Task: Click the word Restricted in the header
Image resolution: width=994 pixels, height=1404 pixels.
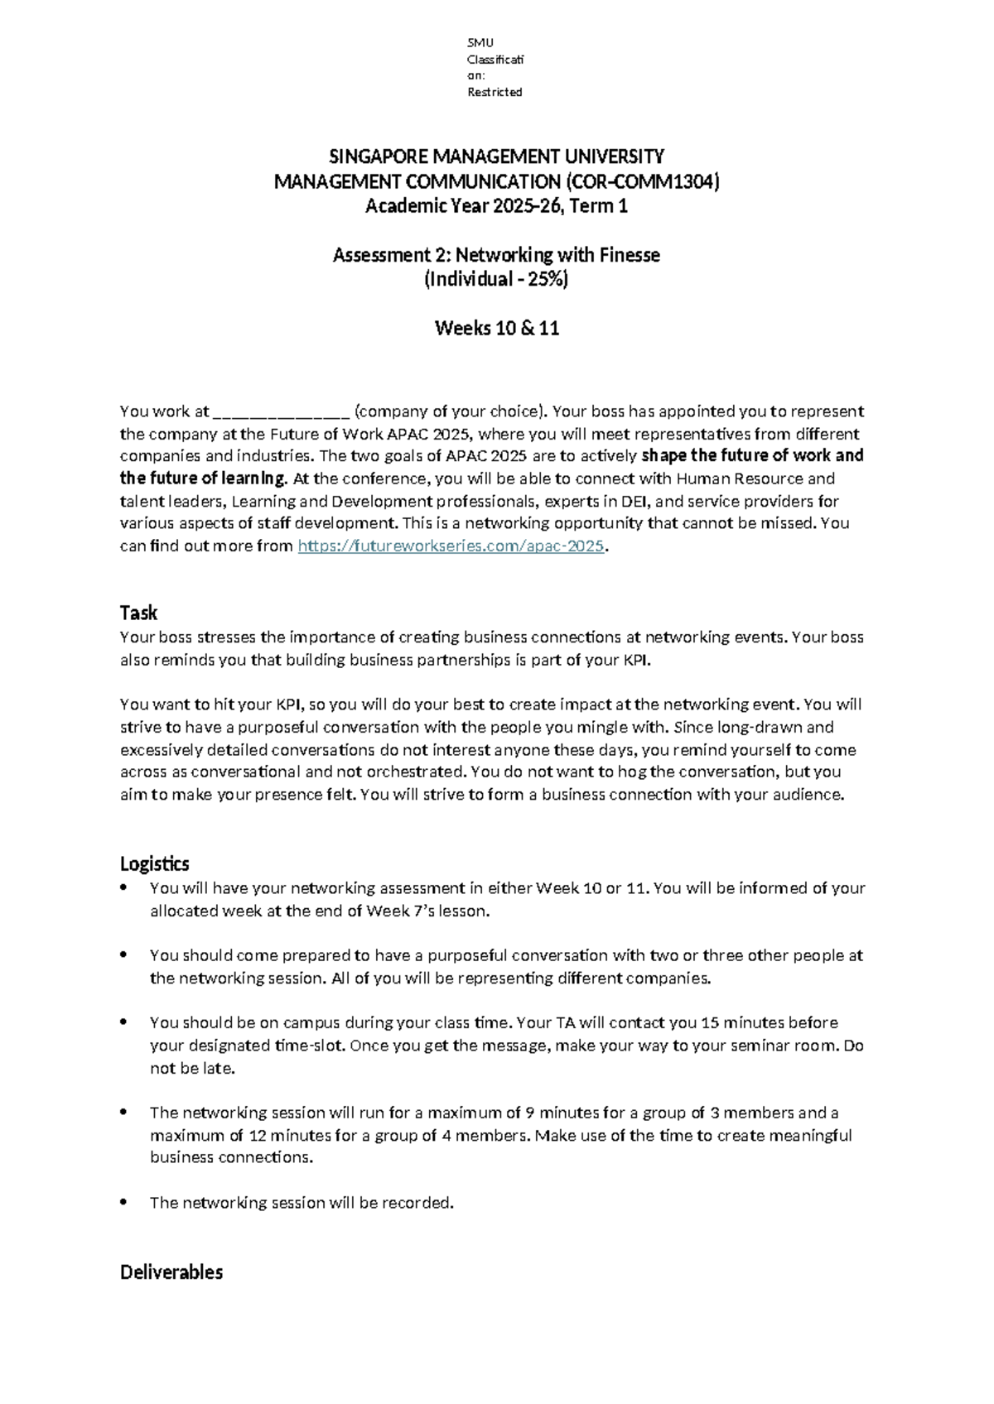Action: [x=495, y=92]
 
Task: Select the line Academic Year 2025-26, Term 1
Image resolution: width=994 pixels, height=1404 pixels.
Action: [x=497, y=206]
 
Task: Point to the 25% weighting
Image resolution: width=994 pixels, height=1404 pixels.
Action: [x=548, y=279]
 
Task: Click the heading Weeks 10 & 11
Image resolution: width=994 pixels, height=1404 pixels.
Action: [x=497, y=328]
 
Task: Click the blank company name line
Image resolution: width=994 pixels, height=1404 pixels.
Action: [x=281, y=412]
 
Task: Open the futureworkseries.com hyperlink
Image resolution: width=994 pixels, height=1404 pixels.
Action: [x=451, y=546]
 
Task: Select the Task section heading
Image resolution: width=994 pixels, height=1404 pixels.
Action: [x=138, y=613]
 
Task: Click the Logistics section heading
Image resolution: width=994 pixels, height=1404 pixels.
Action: [x=154, y=863]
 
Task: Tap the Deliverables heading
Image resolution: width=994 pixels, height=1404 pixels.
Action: [x=171, y=1272]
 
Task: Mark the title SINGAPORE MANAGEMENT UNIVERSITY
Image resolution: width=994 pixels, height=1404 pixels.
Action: [x=497, y=156]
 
